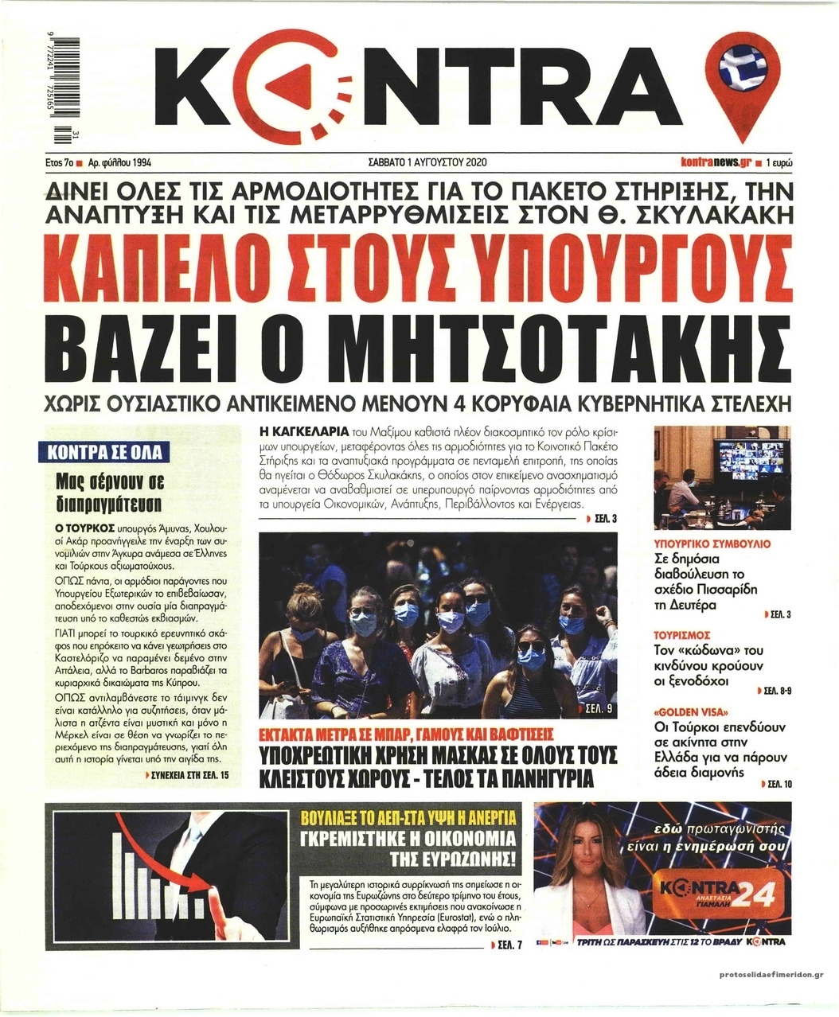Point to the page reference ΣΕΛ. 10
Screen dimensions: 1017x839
click(776, 785)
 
